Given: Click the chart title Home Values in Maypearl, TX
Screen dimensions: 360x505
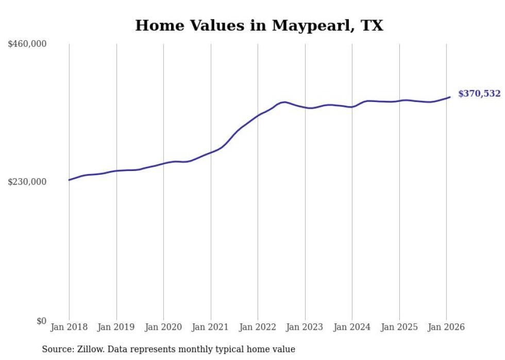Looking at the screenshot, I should (259, 26).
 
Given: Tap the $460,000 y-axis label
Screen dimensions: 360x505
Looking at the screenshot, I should (27, 44).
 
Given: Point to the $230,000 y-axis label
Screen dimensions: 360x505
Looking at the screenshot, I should (27, 182).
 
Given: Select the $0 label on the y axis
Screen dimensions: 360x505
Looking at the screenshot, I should (41, 321).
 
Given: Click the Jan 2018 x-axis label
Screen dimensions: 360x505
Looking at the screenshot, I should (69, 327).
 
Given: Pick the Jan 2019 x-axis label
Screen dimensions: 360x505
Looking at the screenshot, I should (116, 327).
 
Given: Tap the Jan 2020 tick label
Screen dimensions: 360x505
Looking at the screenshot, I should (163, 327).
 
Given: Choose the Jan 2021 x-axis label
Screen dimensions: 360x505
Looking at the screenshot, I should (210, 327).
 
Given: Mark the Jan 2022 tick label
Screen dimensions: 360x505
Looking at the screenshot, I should (258, 327).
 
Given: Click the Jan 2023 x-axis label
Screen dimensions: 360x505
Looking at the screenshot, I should (305, 327).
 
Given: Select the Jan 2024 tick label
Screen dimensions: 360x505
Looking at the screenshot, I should (352, 327).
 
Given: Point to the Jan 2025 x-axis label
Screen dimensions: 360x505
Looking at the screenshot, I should (399, 327).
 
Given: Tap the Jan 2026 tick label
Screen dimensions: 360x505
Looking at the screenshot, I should (446, 327).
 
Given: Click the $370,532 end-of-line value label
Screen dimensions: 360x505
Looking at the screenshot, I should (479, 94).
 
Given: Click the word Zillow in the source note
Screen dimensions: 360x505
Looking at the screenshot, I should (88, 349).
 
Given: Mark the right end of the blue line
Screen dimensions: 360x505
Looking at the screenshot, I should (450, 97).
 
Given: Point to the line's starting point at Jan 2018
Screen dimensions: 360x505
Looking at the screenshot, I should (69, 180).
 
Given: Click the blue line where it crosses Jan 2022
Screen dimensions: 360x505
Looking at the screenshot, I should (258, 115).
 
